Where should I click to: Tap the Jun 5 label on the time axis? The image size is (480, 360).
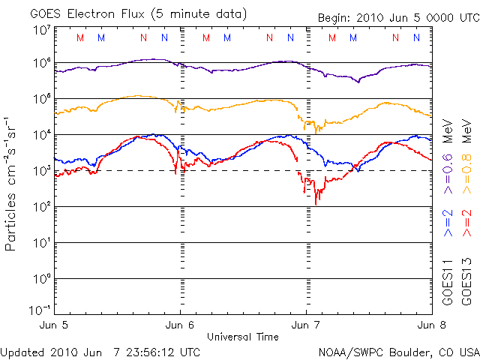pyautogui.click(x=53, y=325)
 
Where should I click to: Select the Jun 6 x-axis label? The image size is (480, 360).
pyautogui.click(x=180, y=325)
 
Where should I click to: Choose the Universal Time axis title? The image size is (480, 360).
pyautogui.click(x=243, y=337)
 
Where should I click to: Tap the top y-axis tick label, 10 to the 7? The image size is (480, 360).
pyautogui.click(x=42, y=30)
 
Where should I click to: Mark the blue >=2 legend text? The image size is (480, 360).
pyautogui.click(x=448, y=223)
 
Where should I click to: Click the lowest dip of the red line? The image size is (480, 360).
pyautogui.click(x=316, y=203)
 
